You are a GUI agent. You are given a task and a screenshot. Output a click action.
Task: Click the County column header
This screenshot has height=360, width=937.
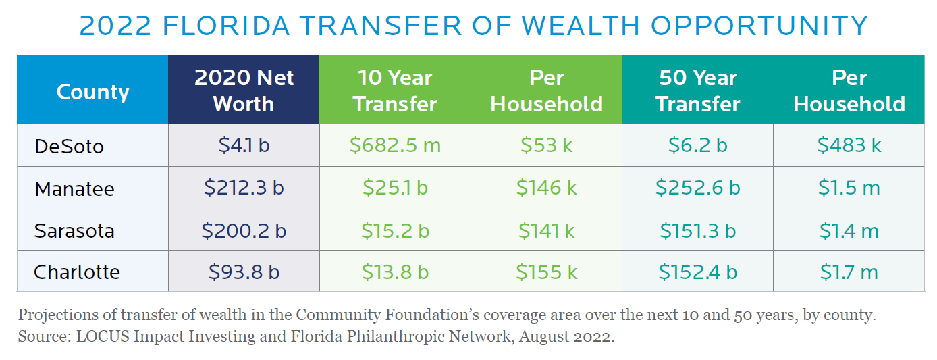tap(92, 91)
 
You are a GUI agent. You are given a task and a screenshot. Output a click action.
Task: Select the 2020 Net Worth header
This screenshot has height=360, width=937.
tap(244, 91)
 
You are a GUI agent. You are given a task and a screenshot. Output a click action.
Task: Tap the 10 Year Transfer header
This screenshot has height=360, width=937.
tap(395, 91)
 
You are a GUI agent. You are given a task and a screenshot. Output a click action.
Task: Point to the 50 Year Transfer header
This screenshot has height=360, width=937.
tap(697, 91)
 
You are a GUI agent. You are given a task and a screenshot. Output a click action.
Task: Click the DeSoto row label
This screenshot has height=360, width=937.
tap(69, 146)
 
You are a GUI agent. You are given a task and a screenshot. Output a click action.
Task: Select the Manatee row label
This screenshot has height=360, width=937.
tap(74, 188)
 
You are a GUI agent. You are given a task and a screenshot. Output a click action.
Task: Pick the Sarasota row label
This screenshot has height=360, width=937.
tap(74, 230)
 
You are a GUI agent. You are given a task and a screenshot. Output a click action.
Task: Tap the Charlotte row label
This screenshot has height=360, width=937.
tap(77, 272)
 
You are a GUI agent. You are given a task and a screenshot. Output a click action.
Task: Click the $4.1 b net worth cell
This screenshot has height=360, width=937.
tap(244, 145)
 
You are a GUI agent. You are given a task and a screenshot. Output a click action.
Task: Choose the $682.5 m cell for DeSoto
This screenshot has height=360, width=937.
tap(395, 145)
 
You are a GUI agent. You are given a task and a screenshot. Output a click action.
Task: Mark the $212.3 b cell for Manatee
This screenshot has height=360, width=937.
tap(244, 188)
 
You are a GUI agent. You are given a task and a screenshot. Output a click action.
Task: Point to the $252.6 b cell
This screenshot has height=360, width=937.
tap(697, 188)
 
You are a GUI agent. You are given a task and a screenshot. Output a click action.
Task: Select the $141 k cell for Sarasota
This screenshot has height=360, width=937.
tap(546, 230)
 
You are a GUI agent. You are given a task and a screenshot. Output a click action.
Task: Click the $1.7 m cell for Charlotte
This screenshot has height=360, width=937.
tap(849, 272)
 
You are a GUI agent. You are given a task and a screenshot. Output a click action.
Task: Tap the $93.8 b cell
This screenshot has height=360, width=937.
tap(244, 272)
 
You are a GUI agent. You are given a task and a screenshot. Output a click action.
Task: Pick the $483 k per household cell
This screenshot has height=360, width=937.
tap(849, 145)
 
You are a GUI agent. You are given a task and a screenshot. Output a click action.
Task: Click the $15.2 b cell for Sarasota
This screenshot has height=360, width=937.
tap(395, 230)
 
